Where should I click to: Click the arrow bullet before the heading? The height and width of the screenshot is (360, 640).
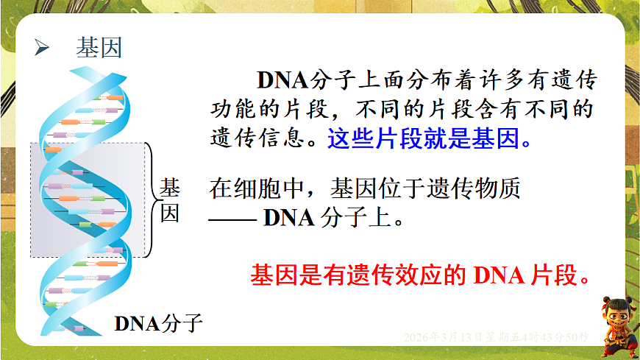tap(43, 49)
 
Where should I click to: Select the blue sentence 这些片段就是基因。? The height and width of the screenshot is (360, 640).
tap(429, 138)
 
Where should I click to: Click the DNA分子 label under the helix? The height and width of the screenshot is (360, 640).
tap(157, 322)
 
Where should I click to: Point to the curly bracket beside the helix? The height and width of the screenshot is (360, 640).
tap(153, 199)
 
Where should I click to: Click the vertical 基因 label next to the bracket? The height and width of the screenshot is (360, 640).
tap(170, 200)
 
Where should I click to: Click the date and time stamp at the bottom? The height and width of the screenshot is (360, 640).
tap(497, 337)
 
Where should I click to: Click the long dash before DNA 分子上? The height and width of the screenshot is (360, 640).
tap(233, 219)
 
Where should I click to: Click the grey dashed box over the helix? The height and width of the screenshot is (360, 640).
tap(89, 199)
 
